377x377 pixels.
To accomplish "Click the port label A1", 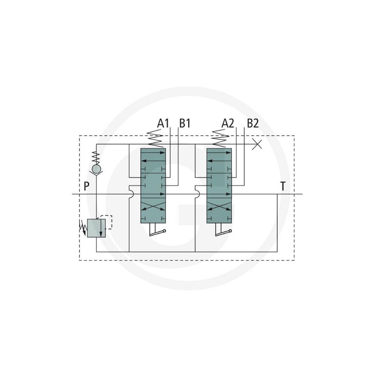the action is point(163,124).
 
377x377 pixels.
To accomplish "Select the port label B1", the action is point(185,124).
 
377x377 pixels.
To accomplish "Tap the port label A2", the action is point(227,124).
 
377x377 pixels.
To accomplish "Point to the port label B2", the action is point(253,124).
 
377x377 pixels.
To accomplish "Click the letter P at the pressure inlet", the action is point(86,186).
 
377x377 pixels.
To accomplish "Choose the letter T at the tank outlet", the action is point(283,186).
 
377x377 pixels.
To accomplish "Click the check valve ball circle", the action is point(97,169).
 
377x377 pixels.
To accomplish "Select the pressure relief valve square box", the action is point(97,228).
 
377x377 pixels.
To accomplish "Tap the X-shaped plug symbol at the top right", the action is point(257,144).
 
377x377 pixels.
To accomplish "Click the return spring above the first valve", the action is point(155,139).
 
